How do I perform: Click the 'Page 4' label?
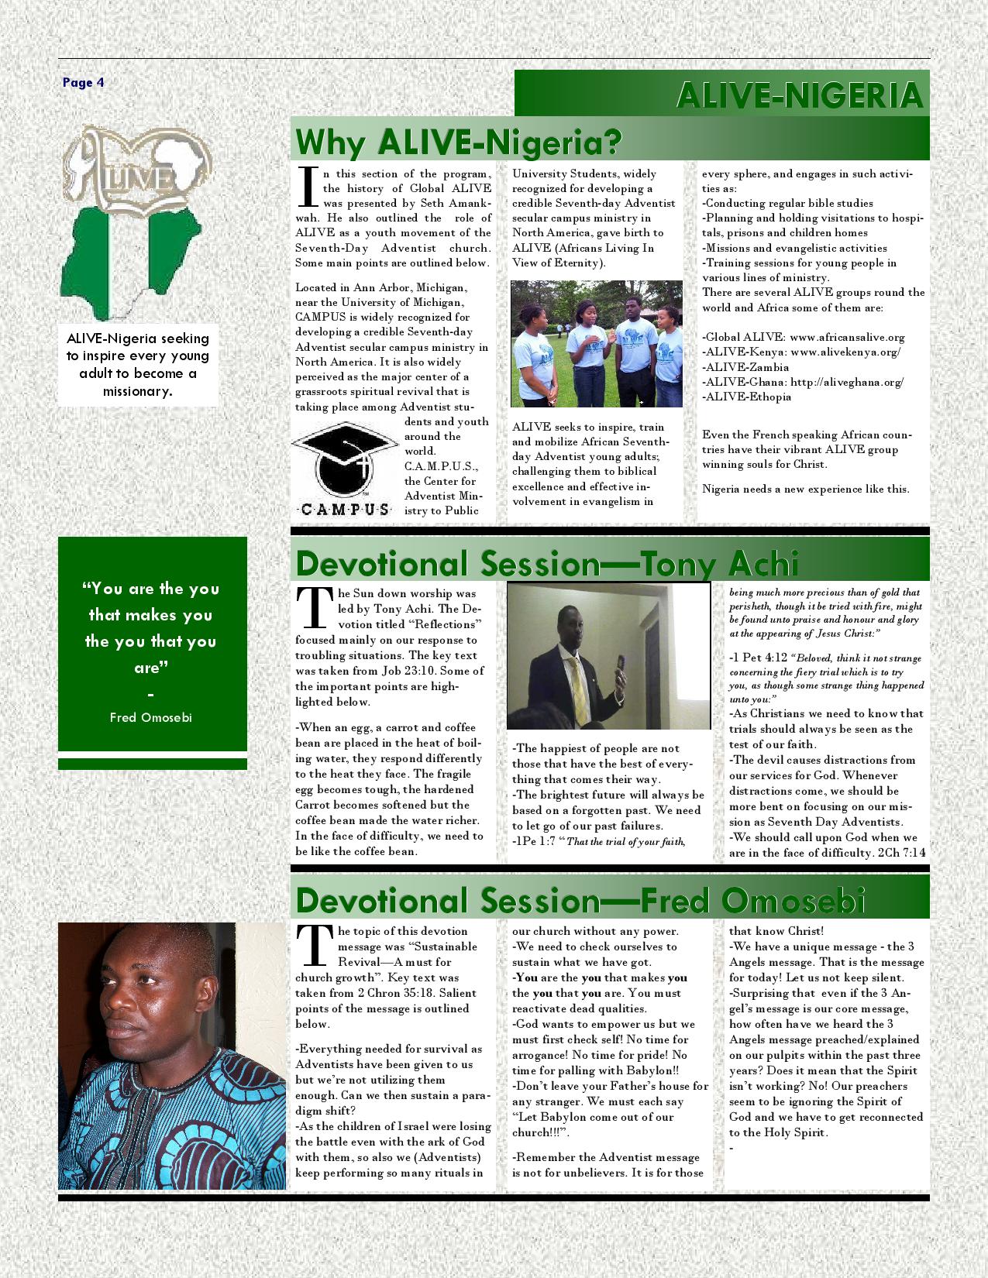[83, 83]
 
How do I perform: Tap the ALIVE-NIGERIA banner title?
[800, 95]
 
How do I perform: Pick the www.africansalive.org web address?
[847, 338]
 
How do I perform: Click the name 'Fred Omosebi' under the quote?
[151, 717]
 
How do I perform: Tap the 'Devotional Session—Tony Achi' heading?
[547, 564]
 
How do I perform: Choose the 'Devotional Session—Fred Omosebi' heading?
[580, 901]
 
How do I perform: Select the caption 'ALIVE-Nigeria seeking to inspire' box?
[138, 364]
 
